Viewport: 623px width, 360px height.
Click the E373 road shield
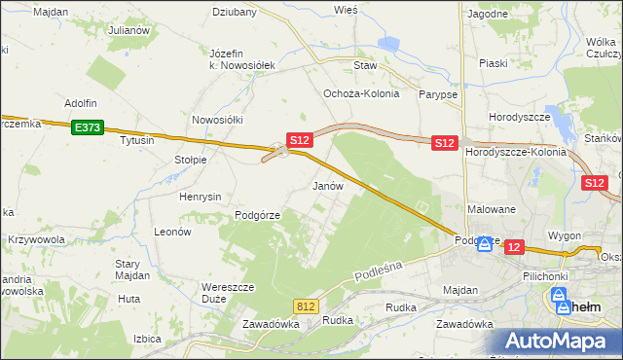pyautogui.click(x=86, y=126)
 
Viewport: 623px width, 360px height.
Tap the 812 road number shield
pyautogui.click(x=306, y=306)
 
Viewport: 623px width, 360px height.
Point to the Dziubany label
pyautogui.click(x=234, y=13)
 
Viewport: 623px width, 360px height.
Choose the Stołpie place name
pyautogui.click(x=190, y=160)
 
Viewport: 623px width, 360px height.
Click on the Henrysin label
pyautogui.click(x=202, y=197)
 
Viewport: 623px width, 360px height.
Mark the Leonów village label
pyautogui.click(x=172, y=233)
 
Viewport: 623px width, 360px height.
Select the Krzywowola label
pyautogui.click(x=36, y=239)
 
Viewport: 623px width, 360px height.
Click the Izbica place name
pyautogui.click(x=147, y=340)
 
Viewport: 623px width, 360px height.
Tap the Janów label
pyautogui.click(x=327, y=185)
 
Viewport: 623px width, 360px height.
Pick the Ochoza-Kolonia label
pyautogui.click(x=356, y=94)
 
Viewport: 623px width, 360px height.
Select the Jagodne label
pyautogui.click(x=488, y=15)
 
